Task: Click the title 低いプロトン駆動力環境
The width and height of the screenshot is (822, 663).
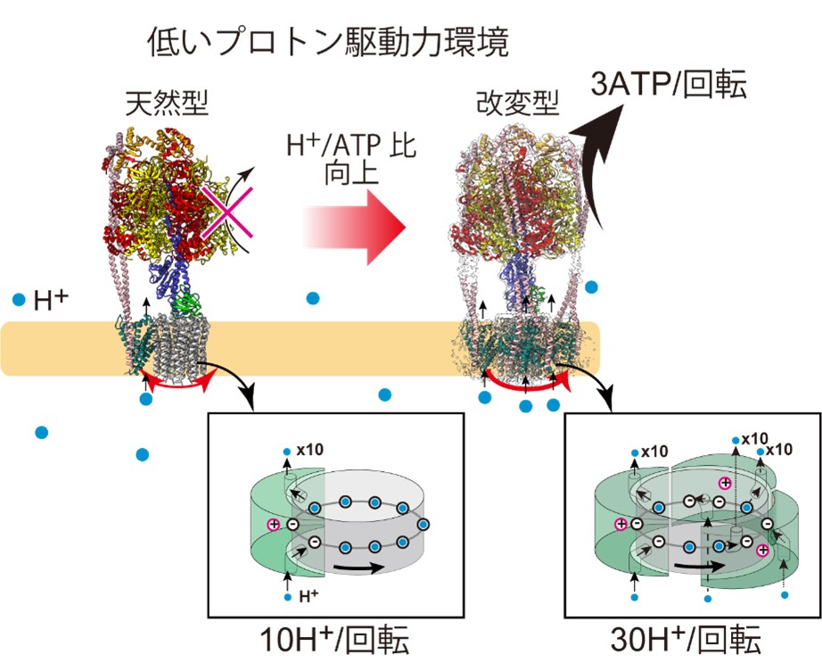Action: (x=328, y=42)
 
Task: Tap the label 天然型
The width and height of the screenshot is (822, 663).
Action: (x=168, y=103)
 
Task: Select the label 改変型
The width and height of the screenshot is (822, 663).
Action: (x=517, y=103)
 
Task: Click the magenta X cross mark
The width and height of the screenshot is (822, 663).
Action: (x=226, y=212)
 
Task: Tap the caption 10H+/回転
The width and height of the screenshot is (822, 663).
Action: (x=334, y=640)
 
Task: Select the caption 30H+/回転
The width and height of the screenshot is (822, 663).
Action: (x=686, y=640)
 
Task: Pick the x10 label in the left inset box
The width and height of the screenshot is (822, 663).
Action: (x=310, y=450)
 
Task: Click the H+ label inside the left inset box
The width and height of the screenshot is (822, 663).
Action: (x=308, y=596)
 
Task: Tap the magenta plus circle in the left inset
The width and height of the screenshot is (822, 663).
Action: (x=274, y=524)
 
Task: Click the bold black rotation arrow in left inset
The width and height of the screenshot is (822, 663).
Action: (x=358, y=568)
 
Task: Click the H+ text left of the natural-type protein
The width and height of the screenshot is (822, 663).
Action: (x=51, y=301)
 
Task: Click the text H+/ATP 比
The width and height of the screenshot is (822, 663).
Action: (x=351, y=145)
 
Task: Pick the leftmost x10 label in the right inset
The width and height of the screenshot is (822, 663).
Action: (x=654, y=452)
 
